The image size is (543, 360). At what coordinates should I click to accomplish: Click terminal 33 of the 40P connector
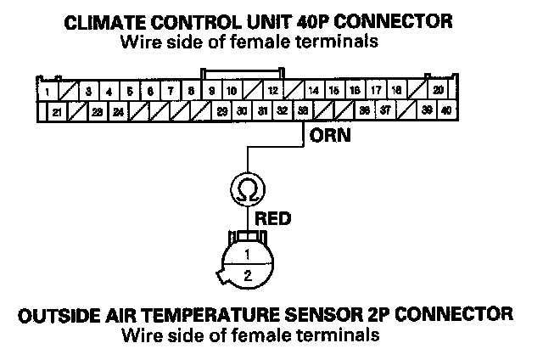(304, 110)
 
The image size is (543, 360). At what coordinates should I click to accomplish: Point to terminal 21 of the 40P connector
(57, 110)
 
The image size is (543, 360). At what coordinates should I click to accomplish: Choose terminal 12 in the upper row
(273, 91)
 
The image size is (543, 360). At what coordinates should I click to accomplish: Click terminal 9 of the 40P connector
(211, 91)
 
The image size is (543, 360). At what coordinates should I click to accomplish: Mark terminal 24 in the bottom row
(118, 110)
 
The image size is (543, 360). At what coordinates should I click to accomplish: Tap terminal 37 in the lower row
(385, 110)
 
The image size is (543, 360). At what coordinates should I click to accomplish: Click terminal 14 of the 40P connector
(314, 91)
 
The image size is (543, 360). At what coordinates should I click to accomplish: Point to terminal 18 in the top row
(396, 91)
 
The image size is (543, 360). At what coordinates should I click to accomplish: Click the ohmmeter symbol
(246, 187)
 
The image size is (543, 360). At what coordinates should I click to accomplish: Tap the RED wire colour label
(273, 218)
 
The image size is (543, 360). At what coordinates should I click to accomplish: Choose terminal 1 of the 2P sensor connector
(246, 254)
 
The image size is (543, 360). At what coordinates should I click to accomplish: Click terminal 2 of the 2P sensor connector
(247, 275)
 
